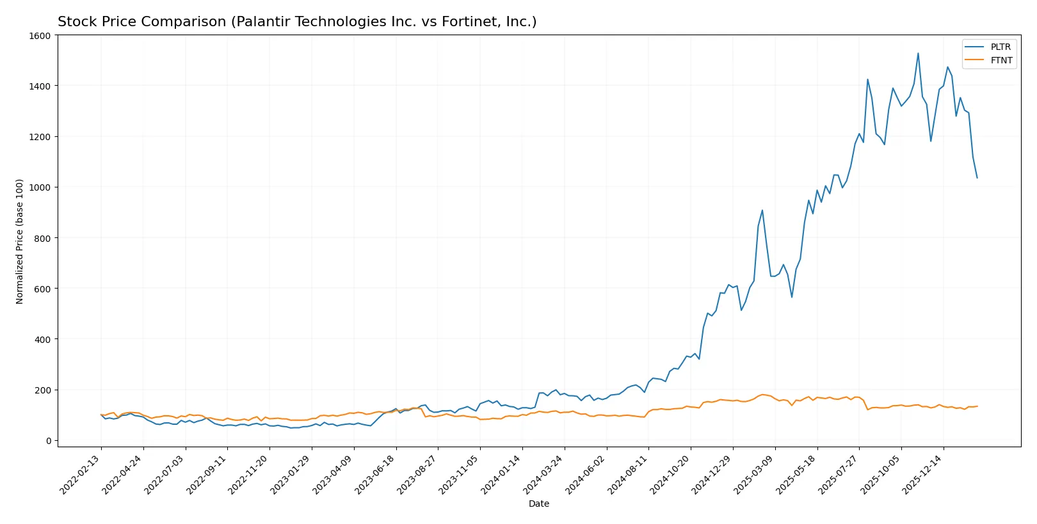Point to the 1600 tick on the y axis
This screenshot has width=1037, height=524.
(x=40, y=36)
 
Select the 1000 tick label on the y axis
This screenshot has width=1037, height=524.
(x=40, y=187)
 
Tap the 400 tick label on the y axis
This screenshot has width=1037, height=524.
(x=42, y=339)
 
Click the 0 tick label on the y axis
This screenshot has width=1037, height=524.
(x=48, y=441)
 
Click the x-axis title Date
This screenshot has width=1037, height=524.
(x=538, y=504)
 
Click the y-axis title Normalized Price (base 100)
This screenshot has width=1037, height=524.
(x=20, y=241)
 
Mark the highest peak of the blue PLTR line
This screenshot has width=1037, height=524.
(x=918, y=53)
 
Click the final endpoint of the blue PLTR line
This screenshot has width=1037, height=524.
(x=977, y=177)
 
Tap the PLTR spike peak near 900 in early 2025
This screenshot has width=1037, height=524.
(x=762, y=210)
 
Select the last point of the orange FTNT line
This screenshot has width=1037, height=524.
(x=977, y=406)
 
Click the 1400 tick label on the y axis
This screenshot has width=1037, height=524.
(x=40, y=86)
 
